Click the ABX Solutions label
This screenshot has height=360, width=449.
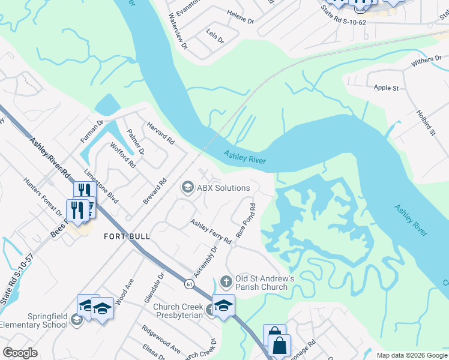click(223, 188)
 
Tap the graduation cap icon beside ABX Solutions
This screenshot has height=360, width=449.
click(187, 188)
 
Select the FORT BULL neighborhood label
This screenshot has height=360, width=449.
click(127, 236)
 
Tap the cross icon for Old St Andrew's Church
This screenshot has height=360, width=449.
click(226, 281)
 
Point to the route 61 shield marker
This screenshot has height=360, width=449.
click(189, 282)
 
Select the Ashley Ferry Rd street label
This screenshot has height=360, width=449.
click(211, 232)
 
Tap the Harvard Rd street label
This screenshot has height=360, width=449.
click(160, 133)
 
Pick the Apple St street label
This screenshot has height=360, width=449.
click(386, 88)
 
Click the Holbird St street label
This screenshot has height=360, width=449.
click(424, 122)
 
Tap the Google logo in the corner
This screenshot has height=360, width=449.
click(20, 352)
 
